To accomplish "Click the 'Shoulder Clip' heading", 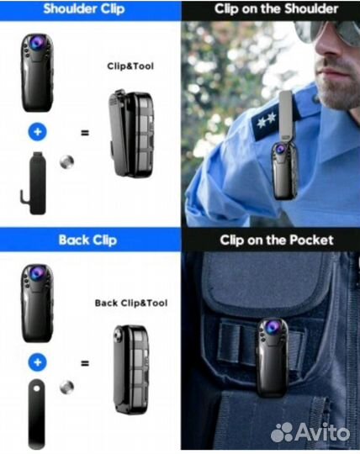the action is (84, 9).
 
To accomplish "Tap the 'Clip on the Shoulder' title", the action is (276, 9).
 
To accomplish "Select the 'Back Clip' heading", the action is (87, 240).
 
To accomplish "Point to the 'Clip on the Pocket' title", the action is (277, 240).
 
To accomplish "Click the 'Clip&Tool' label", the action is (130, 66).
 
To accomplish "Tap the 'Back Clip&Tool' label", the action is (131, 304).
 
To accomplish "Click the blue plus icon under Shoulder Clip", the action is (38, 132).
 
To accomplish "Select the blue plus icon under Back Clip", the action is (38, 362).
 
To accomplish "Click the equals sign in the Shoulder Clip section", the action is (85, 133).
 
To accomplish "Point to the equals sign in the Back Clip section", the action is (85, 363).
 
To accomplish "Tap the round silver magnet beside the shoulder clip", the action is (67, 162).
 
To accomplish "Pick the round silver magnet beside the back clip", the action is (67, 388).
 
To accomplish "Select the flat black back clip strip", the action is (37, 414).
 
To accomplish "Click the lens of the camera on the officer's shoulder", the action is (280, 149).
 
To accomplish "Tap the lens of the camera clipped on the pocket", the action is (273, 326).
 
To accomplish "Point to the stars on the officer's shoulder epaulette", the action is (266, 119).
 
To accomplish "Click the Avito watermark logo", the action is (310, 433).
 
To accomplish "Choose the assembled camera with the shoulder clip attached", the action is (131, 134).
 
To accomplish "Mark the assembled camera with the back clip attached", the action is (131, 369).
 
